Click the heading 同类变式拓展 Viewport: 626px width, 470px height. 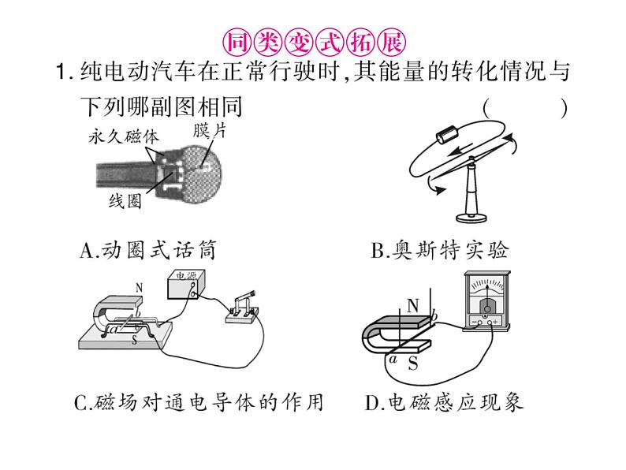pos(313,40)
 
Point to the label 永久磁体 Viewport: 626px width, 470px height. pos(121,136)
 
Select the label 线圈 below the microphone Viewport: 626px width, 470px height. pos(125,202)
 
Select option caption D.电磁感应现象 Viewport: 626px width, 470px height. pos(444,403)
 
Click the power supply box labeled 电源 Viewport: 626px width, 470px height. pos(187,285)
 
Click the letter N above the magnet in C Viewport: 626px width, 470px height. pos(139,287)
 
